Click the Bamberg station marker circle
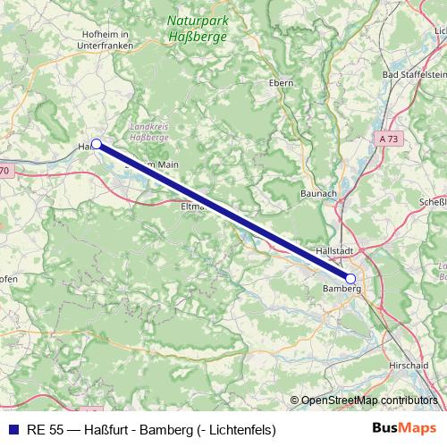(x=350, y=279)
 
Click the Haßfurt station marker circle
(x=96, y=144)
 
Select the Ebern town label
(x=282, y=81)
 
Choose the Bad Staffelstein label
(x=413, y=74)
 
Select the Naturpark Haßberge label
(x=198, y=29)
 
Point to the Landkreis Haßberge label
(x=150, y=132)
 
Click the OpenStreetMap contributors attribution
(x=368, y=400)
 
